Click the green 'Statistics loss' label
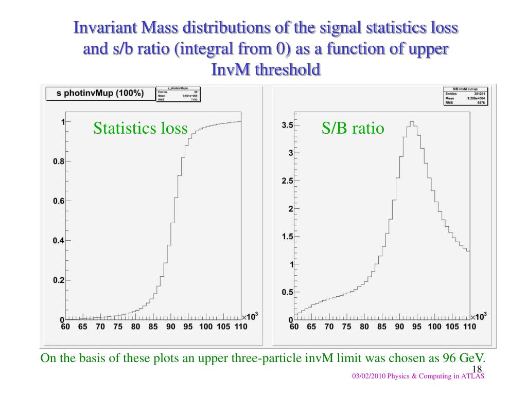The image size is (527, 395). tap(140, 128)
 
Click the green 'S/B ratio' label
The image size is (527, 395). tap(353, 128)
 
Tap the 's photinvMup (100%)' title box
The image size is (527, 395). tap(100, 93)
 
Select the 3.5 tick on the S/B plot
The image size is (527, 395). tap(287, 125)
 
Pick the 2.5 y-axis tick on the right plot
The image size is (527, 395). tap(287, 181)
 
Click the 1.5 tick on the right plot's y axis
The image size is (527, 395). tap(287, 237)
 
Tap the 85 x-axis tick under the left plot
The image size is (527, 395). tap(153, 327)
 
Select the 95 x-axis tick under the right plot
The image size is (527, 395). tap(416, 327)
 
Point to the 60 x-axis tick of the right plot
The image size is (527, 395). tap(295, 327)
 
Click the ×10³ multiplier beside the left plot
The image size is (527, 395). tap(250, 316)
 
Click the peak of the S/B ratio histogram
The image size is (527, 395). tap(412, 122)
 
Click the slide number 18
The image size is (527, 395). tap(476, 369)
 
